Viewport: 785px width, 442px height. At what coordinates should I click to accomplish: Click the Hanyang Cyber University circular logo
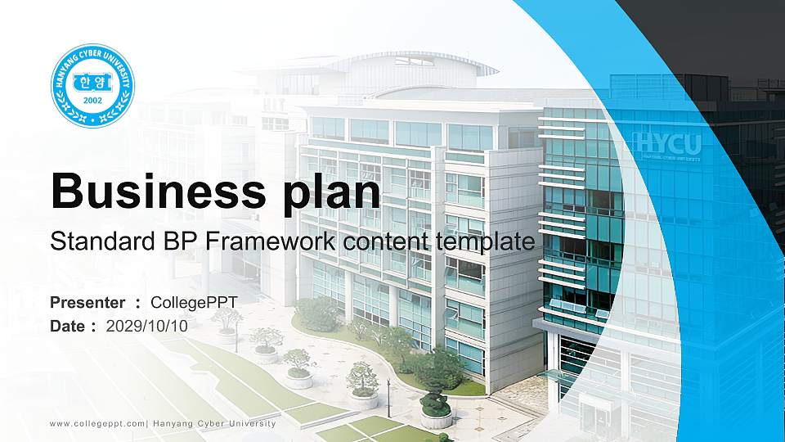(x=92, y=86)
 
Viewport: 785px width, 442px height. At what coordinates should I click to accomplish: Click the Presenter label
(x=87, y=303)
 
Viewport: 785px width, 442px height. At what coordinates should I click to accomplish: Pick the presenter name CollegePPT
(x=194, y=303)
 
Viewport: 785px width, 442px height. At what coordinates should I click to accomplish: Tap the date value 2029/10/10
(x=147, y=326)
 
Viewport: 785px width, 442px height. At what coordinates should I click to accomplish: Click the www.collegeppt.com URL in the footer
(x=97, y=423)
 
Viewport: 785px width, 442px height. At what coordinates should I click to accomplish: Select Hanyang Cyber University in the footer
(x=214, y=423)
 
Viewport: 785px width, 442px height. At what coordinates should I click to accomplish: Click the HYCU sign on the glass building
(x=666, y=145)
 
